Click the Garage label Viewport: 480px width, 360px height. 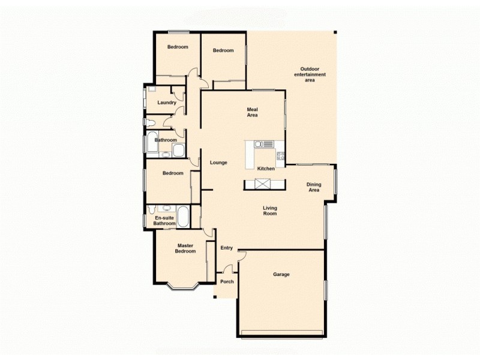click(281, 274)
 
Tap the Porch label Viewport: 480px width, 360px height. click(227, 282)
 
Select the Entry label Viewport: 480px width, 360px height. click(226, 248)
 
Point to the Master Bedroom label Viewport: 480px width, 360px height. click(185, 248)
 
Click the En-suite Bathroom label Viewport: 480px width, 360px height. click(164, 221)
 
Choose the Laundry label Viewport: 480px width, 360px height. click(166, 103)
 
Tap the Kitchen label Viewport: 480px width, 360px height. click(266, 169)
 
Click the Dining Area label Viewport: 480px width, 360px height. click(314, 187)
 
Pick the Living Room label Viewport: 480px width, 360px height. click(270, 211)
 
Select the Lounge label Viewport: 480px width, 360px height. click(218, 163)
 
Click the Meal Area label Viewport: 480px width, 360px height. click(253, 112)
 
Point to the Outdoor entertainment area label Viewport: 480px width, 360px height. click(310, 74)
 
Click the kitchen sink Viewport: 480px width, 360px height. click(263, 144)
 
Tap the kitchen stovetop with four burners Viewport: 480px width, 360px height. click(280, 157)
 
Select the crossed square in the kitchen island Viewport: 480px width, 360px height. click(260, 185)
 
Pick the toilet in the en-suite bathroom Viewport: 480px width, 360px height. click(152, 210)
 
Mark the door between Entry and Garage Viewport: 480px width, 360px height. click(241, 256)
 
